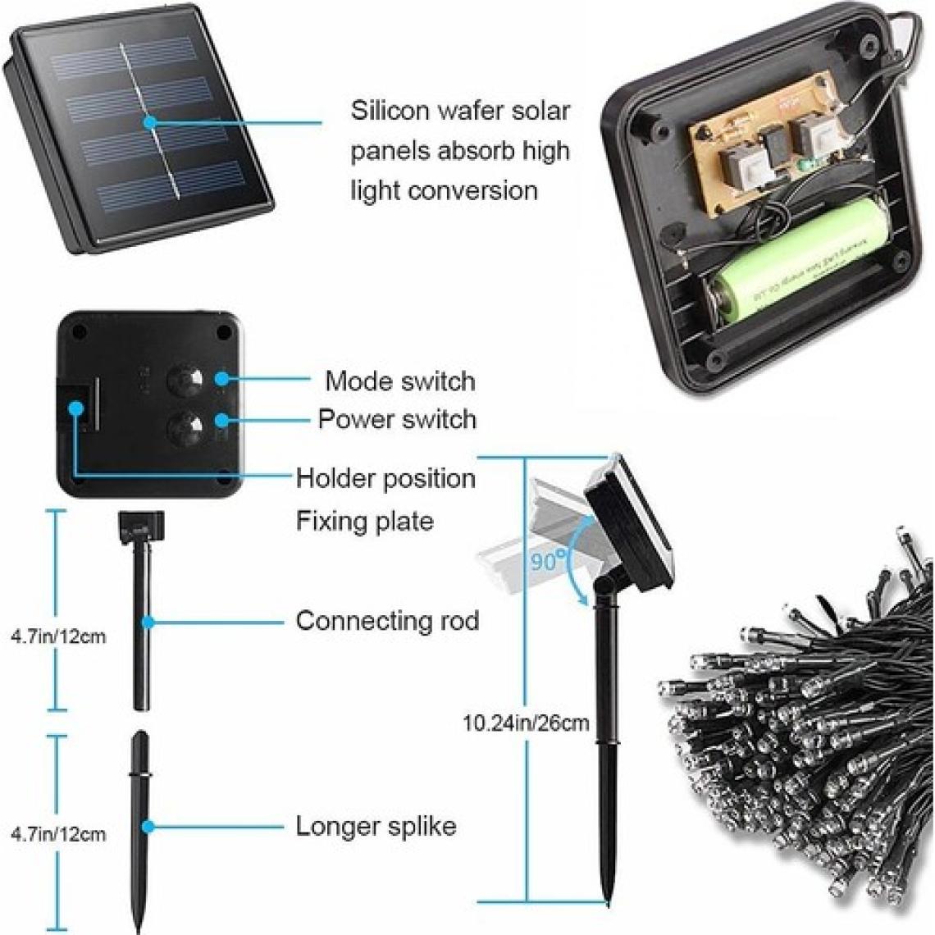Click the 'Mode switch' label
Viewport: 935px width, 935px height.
pyautogui.click(x=399, y=381)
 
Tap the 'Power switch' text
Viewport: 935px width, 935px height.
pyautogui.click(x=397, y=419)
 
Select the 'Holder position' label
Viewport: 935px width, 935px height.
pyautogui.click(x=385, y=477)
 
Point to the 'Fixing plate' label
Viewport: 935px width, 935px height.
pyautogui.click(x=364, y=521)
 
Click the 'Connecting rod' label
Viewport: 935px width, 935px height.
pyautogui.click(x=387, y=620)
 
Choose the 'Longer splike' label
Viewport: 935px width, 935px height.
pyautogui.click(x=376, y=825)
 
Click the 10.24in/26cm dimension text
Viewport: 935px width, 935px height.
pyautogui.click(x=526, y=723)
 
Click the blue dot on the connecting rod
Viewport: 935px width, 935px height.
pyautogui.click(x=148, y=621)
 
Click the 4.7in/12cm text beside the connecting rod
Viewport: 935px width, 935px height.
pyautogui.click(x=58, y=636)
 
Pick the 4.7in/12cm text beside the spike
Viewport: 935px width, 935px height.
pyautogui.click(x=58, y=834)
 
